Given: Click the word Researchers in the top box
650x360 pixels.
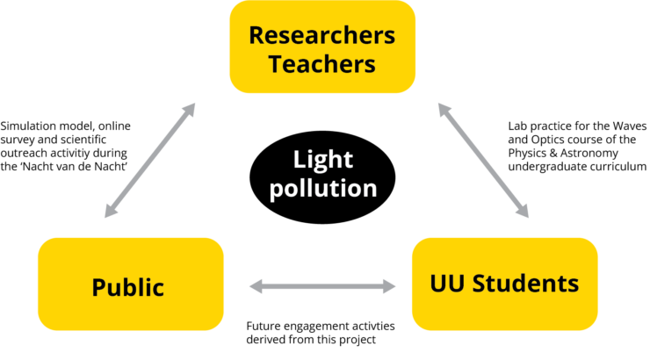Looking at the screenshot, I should [321, 36].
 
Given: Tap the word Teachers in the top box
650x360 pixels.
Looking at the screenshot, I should [321, 64].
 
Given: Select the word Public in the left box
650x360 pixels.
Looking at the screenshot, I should [128, 287].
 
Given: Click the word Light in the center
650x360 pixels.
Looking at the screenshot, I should [322, 160].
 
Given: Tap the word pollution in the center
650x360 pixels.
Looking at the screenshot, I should [322, 187].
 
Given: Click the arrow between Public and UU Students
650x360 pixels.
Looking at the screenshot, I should [322, 285].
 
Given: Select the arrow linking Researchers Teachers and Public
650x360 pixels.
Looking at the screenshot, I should [149, 161].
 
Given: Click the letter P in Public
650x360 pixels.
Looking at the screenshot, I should [99, 287].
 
